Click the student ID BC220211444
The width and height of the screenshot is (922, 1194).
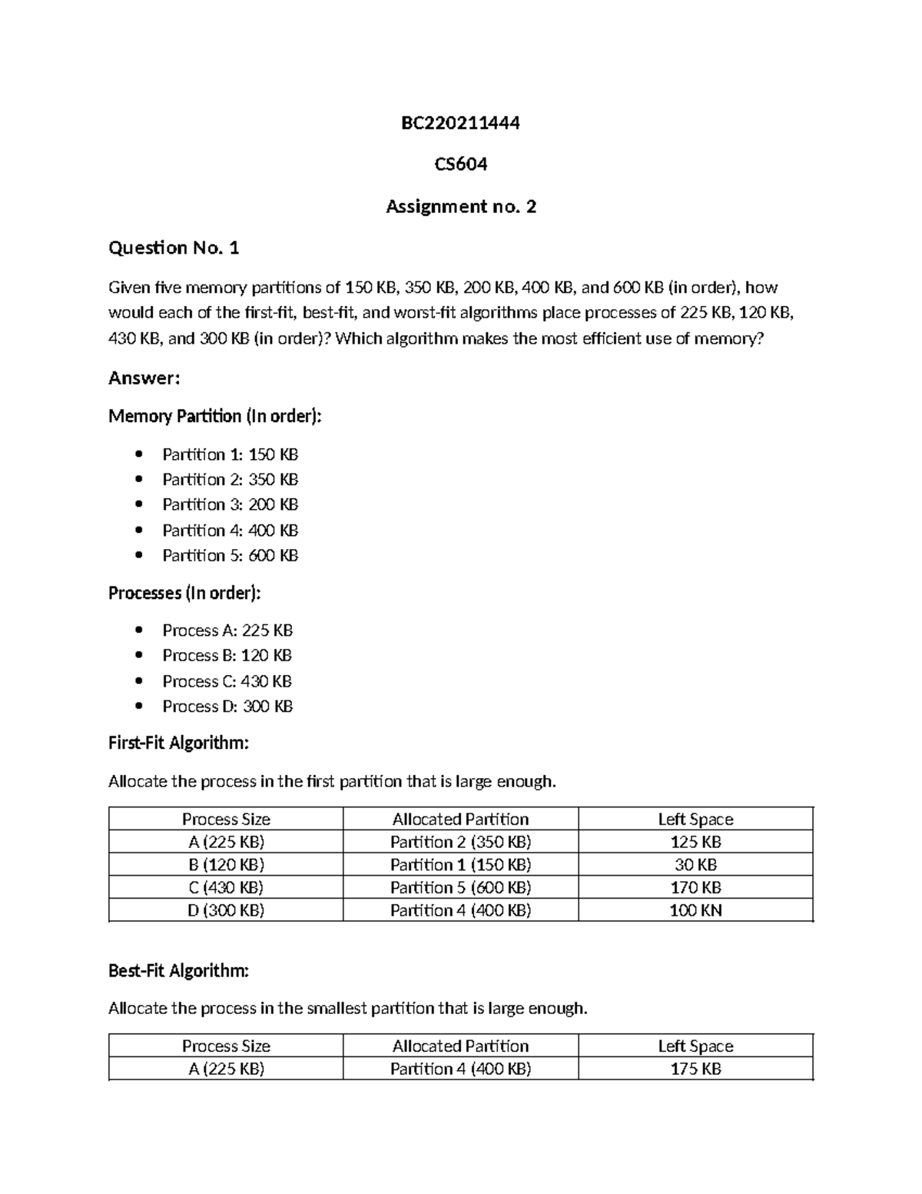point(460,123)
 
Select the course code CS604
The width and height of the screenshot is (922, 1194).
point(460,165)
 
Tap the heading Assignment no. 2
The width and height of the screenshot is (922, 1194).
point(460,206)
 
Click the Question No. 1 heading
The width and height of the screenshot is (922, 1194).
point(174,248)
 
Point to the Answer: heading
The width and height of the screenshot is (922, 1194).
point(144,377)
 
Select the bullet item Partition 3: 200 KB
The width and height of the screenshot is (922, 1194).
point(230,504)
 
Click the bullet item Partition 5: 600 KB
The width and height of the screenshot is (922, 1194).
point(230,555)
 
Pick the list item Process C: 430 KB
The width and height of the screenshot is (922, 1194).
point(227,681)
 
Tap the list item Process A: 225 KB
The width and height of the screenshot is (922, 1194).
point(227,630)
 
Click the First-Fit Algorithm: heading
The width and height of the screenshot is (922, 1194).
point(178,743)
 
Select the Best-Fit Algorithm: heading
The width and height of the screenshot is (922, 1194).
point(178,971)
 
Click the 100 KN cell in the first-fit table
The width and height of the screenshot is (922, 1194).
point(695,910)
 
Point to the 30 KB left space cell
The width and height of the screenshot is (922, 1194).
point(695,865)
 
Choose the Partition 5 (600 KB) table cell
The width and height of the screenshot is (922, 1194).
point(460,887)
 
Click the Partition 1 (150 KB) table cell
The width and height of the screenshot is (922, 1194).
point(460,865)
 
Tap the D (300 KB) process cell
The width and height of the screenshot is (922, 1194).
point(226,910)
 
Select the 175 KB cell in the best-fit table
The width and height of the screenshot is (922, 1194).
point(695,1069)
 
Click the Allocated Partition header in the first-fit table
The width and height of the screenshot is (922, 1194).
point(460,820)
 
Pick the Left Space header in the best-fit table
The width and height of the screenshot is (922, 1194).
point(695,1046)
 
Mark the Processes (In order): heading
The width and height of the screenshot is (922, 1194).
point(184,593)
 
